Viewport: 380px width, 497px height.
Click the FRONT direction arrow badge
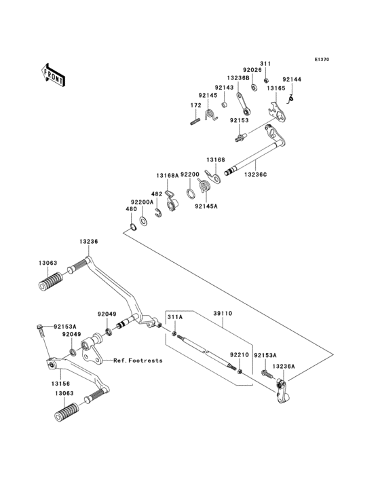[54, 75]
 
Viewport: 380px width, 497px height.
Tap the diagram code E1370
[322, 60]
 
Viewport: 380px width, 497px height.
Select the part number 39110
[223, 314]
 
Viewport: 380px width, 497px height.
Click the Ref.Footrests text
[138, 361]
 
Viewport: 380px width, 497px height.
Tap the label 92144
[292, 79]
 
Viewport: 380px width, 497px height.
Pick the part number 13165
[275, 88]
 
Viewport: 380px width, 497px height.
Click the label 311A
[175, 317]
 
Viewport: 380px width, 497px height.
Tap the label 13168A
[167, 175]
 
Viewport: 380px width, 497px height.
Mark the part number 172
[195, 105]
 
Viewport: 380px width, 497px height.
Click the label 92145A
[206, 207]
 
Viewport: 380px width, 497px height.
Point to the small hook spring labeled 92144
[290, 100]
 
